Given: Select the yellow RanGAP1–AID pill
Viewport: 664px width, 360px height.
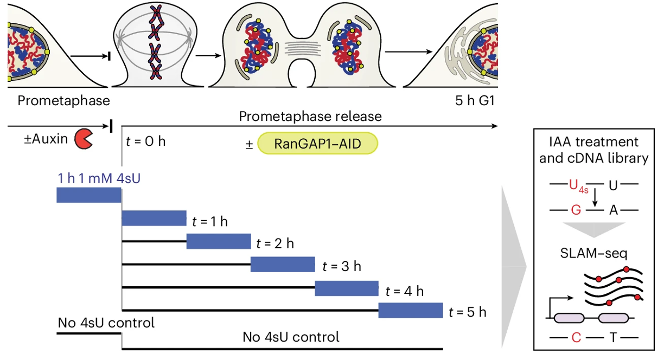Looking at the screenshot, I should [x=317, y=144].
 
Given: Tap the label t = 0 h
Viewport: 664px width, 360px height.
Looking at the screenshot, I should [x=145, y=143].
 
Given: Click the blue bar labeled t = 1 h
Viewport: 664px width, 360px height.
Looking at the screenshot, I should [x=154, y=218].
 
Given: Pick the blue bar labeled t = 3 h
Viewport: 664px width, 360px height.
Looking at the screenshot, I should [x=283, y=265].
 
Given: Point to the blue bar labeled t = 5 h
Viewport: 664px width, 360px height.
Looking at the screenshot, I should [x=411, y=311].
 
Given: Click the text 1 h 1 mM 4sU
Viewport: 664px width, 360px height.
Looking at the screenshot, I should [x=99, y=178].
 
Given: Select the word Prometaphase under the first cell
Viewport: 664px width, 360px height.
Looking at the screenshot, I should [x=63, y=100].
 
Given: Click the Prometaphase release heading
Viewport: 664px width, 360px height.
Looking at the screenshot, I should [x=310, y=117].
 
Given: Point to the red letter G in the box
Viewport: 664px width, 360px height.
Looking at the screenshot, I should [x=574, y=210].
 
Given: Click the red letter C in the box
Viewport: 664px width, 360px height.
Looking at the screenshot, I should [x=577, y=337].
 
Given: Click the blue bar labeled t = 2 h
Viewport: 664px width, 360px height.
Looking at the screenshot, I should [x=219, y=241].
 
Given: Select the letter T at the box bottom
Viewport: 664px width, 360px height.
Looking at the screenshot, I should [x=613, y=337].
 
